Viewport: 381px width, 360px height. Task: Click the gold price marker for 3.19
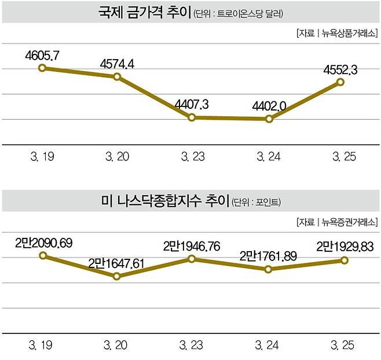tap(42, 68)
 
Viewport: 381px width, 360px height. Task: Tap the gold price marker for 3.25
tap(340, 82)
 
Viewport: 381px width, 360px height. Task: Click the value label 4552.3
tap(340, 69)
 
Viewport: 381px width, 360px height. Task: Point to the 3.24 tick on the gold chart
tap(268, 156)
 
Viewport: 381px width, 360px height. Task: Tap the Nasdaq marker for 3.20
tap(118, 276)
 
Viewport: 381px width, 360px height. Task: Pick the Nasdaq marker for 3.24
tap(268, 269)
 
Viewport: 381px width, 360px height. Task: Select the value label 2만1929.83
tap(343, 248)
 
